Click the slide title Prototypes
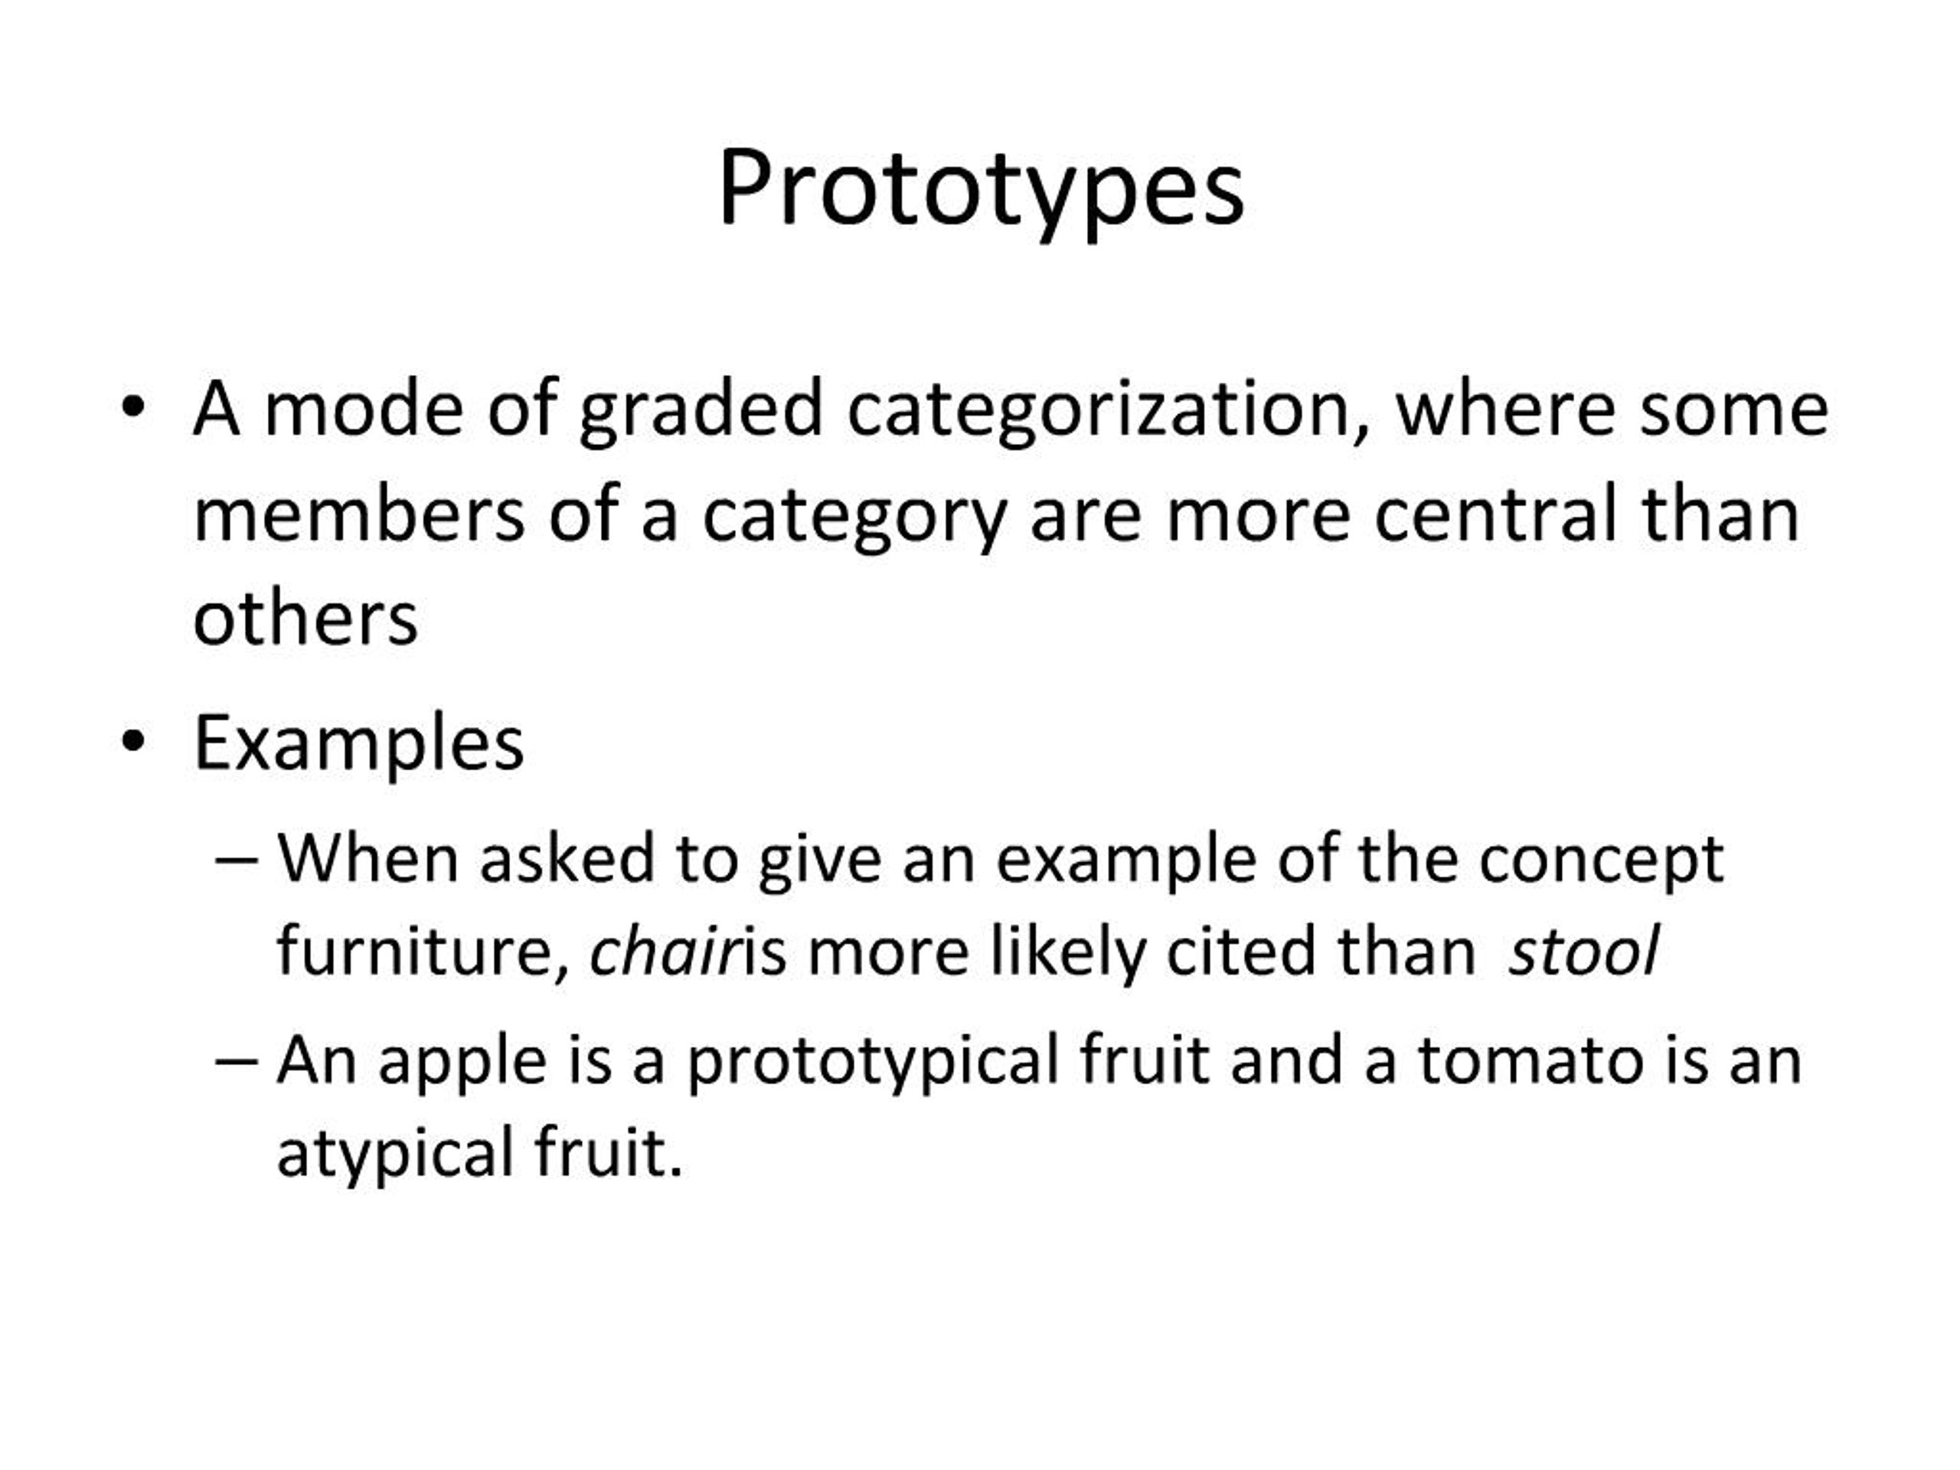tap(981, 191)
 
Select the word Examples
tap(359, 744)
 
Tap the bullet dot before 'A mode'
tap(133, 409)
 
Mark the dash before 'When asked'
tap(237, 860)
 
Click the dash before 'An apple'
tap(237, 1060)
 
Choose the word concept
tap(1601, 861)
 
